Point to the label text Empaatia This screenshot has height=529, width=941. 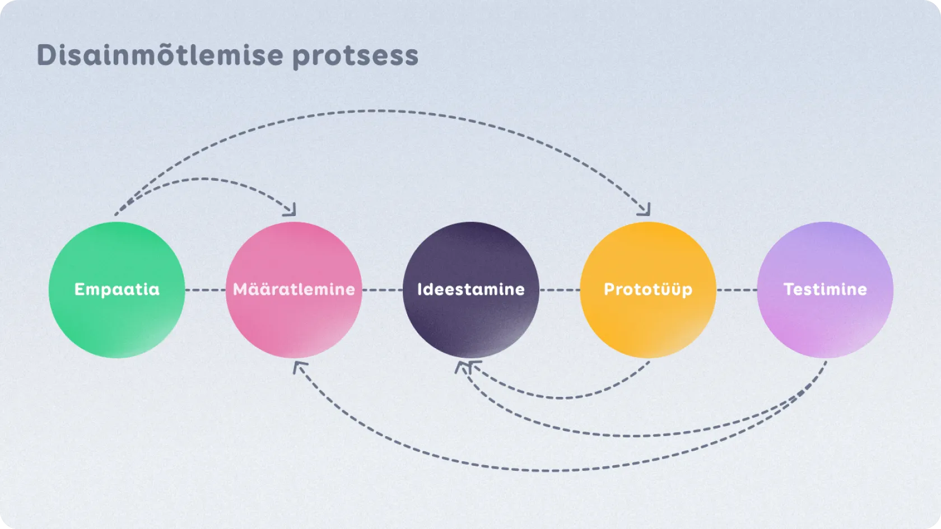click(117, 289)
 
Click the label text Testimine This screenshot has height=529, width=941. click(825, 289)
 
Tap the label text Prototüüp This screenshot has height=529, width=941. click(648, 289)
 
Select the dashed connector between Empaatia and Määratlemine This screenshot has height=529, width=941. click(205, 290)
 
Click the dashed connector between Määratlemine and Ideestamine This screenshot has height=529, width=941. click(382, 290)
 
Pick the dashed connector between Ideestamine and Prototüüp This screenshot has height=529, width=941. click(560, 290)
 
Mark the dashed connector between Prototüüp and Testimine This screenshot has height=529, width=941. click(737, 290)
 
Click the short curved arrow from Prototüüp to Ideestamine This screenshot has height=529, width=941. click(560, 397)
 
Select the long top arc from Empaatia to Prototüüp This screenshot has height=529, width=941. click(381, 111)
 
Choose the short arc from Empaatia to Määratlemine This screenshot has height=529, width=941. click(202, 179)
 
